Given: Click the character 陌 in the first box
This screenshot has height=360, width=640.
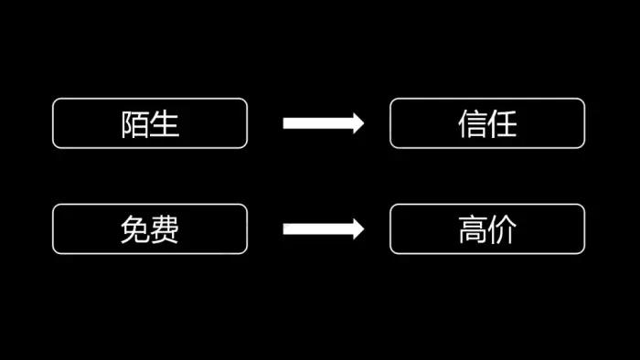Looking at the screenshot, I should point(135,124).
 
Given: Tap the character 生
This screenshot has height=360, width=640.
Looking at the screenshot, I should point(165,124).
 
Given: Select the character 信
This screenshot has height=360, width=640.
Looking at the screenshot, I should point(473,124).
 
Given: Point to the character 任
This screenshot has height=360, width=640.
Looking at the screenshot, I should point(502,124).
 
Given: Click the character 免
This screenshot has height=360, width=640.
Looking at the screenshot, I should point(135,230).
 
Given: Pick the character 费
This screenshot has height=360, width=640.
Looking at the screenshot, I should point(165,230).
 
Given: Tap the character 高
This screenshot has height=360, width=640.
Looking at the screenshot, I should point(473,230).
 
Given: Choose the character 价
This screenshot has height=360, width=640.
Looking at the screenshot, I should point(502,230).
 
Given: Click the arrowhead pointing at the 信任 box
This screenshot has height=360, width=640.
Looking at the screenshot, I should point(357,123).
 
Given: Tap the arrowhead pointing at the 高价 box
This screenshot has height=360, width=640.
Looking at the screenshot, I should point(357,228).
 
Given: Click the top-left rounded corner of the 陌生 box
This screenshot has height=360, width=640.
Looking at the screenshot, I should point(56,101).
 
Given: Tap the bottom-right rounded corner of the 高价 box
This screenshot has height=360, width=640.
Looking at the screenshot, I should point(581,250).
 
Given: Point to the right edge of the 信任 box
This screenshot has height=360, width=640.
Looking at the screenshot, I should point(584,123).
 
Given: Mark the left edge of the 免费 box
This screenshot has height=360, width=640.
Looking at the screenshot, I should point(53,229).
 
